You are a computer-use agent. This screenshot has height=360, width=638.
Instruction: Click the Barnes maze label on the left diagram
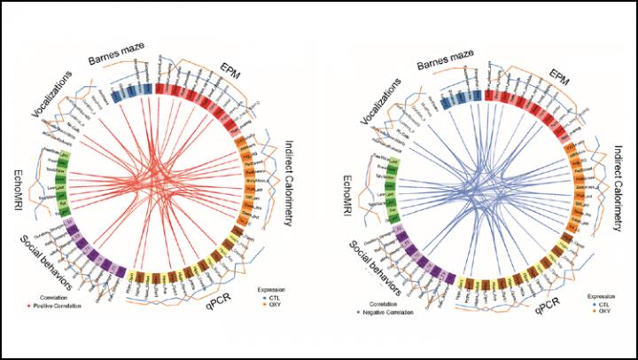tap(121, 59)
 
